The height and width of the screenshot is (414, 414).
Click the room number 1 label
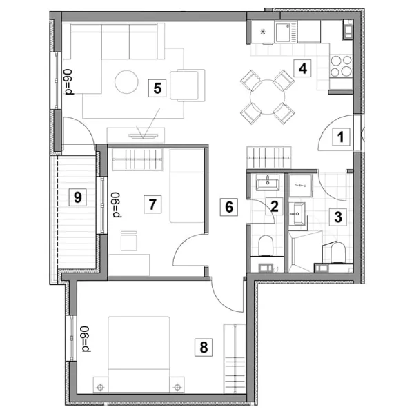[x=341, y=137]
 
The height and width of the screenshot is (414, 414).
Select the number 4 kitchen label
[x=303, y=68]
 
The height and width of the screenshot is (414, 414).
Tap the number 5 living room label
[x=157, y=88]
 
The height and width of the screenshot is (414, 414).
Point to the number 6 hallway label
[x=229, y=207]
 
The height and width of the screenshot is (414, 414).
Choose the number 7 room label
[x=152, y=204]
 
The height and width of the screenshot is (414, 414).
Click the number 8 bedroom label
[x=204, y=347]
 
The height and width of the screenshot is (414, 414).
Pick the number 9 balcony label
[x=77, y=197]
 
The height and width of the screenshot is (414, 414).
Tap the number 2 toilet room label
[x=274, y=206]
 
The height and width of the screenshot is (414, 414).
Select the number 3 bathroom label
[x=338, y=217]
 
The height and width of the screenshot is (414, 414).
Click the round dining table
[x=268, y=97]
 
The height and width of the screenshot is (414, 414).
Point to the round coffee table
[x=126, y=82]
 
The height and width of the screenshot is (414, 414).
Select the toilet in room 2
[x=266, y=246]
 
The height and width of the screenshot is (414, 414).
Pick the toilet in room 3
[x=337, y=253]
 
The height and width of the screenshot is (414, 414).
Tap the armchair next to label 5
[x=188, y=86]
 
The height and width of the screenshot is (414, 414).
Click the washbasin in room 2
[x=268, y=183]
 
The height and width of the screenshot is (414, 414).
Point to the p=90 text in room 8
[x=86, y=339]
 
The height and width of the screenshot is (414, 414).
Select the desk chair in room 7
[x=129, y=241]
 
